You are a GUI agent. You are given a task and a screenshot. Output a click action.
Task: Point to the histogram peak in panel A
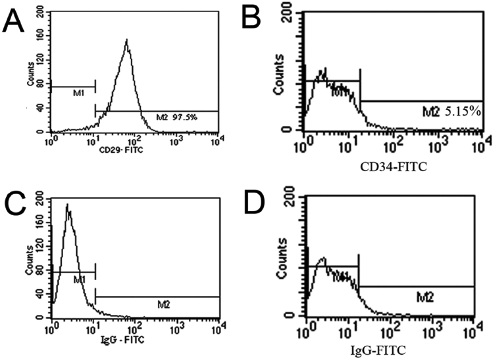click(x=127, y=40)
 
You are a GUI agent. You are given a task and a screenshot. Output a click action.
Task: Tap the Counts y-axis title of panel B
click(x=279, y=74)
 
